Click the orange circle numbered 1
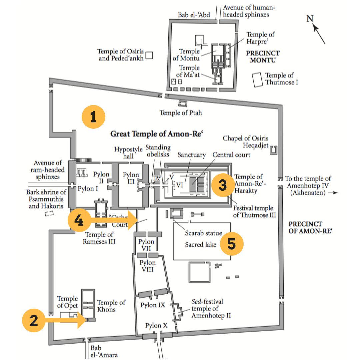click(94, 117)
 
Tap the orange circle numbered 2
click(34, 321)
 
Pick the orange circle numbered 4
click(79, 220)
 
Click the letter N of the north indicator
click(310, 19)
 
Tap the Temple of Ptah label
click(181, 113)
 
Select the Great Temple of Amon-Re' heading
click(157, 134)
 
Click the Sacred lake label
click(201, 245)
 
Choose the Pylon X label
click(156, 326)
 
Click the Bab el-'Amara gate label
click(104, 351)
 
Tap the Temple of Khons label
click(111, 306)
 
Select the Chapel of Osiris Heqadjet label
click(246, 142)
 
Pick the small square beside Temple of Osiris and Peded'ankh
click(149, 55)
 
